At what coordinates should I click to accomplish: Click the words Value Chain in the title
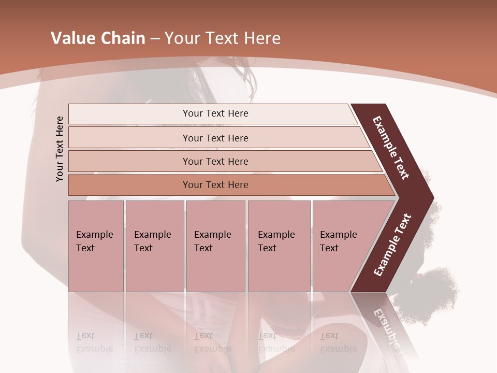click(x=98, y=38)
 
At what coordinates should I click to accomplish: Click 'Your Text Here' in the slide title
click(x=223, y=38)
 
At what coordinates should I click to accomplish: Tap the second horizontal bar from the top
click(x=215, y=138)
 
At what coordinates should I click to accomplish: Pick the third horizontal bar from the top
click(x=215, y=161)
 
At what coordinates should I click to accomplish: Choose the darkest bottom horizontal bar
click(x=215, y=185)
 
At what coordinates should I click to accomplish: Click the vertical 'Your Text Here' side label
click(x=60, y=149)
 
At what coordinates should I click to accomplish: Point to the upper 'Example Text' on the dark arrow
click(x=391, y=148)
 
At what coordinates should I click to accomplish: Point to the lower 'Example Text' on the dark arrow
click(x=392, y=245)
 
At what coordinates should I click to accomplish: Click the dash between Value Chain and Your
click(x=155, y=39)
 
